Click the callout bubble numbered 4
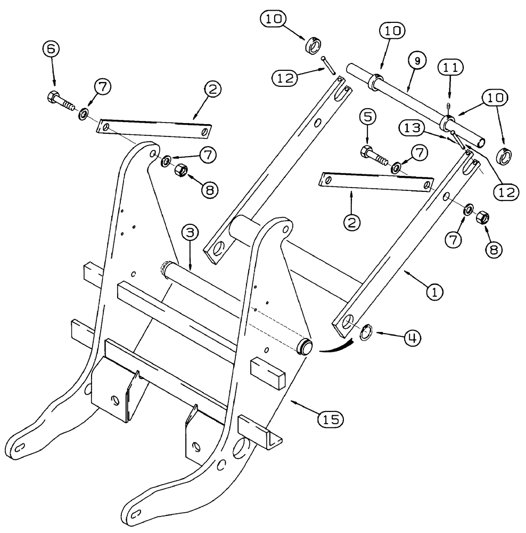pyautogui.click(x=412, y=337)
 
